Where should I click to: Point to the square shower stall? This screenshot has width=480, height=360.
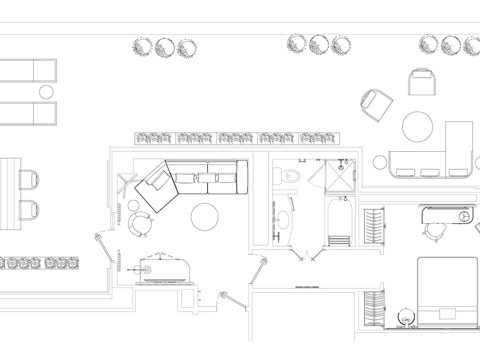[340, 176]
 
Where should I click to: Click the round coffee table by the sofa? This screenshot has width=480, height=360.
[205, 217]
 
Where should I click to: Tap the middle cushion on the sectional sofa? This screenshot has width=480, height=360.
[206, 178]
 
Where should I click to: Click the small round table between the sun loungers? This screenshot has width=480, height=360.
[46, 91]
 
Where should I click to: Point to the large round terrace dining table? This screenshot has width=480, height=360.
[417, 126]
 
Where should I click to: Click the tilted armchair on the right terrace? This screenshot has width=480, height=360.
[376, 104]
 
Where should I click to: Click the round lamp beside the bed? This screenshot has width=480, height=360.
[406, 316]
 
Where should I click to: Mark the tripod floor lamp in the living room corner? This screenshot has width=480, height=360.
[125, 184]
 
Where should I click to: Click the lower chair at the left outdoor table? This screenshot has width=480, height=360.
[29, 209]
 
